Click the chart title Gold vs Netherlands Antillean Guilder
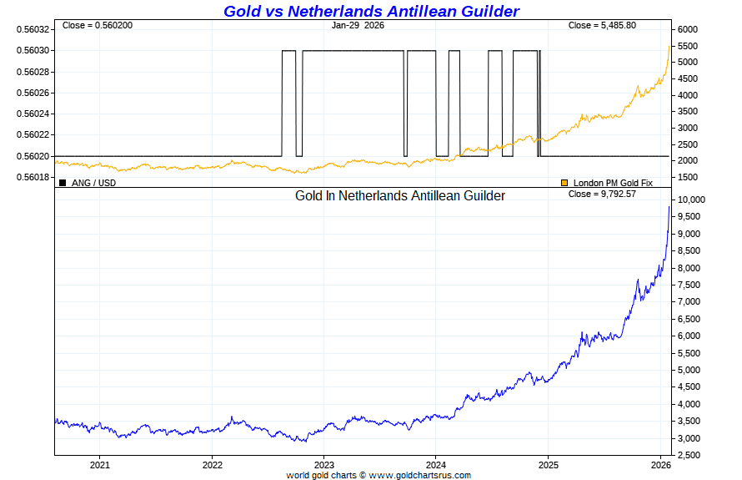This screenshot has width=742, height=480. click(x=371, y=11)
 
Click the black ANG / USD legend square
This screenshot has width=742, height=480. click(x=63, y=182)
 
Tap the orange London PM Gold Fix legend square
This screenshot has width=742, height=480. click(x=564, y=182)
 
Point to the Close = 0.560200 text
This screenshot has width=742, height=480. click(x=97, y=25)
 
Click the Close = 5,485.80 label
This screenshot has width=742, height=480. click(x=602, y=25)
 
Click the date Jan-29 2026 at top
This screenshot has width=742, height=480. click(x=358, y=25)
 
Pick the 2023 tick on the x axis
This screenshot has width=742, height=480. click(x=324, y=464)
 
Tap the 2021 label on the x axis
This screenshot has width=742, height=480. click(x=100, y=464)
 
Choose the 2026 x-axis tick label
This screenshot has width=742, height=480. click(x=660, y=464)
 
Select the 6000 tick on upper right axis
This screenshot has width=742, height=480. click(x=687, y=29)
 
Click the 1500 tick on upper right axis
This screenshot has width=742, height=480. click(x=687, y=177)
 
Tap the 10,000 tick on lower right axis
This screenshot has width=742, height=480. click(x=692, y=200)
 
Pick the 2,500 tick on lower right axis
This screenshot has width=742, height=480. click(x=689, y=455)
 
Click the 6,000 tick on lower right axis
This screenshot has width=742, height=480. click(x=689, y=336)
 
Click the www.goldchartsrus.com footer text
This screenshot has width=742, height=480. click(x=419, y=475)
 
